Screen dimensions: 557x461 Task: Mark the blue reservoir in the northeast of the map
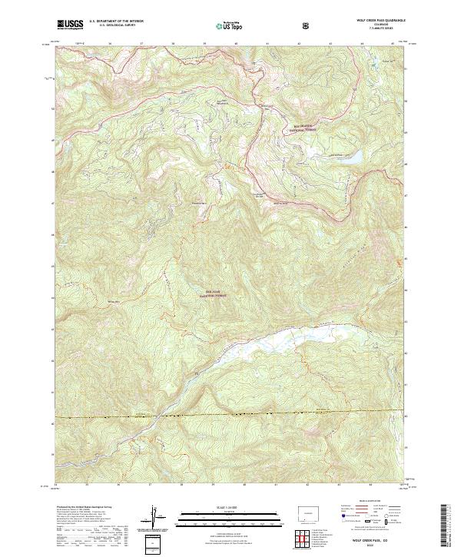tap(352, 158)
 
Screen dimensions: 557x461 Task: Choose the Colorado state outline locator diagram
tap(306, 512)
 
